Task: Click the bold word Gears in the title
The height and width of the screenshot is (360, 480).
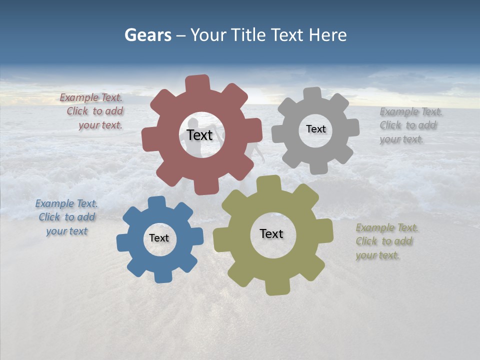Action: click(x=148, y=35)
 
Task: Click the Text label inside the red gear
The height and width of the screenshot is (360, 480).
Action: click(x=199, y=135)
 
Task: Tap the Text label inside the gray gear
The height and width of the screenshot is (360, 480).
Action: click(x=315, y=129)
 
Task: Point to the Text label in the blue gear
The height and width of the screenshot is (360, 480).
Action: click(x=159, y=238)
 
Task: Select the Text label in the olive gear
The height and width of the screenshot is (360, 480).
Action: click(x=271, y=233)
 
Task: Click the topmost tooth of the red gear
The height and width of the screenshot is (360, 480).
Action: click(x=198, y=83)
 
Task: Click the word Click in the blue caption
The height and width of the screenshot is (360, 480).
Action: click(x=49, y=217)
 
